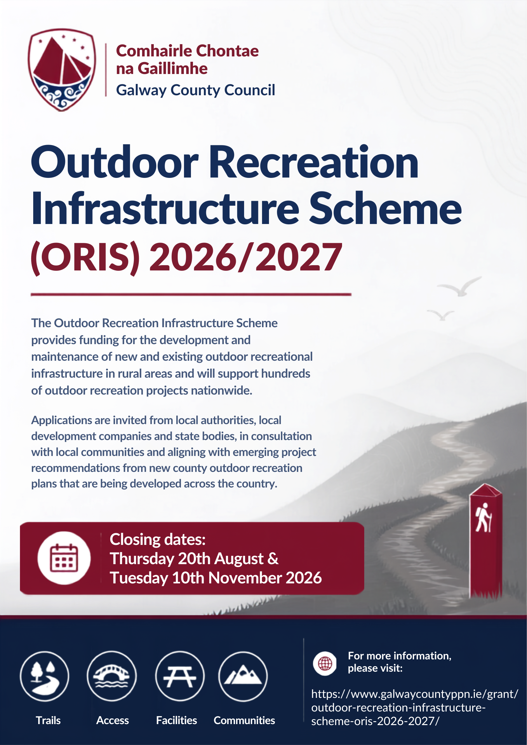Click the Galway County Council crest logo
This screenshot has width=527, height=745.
click(62, 70)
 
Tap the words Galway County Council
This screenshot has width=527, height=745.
click(196, 90)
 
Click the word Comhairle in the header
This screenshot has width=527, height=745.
click(154, 51)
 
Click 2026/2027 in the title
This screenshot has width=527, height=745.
click(246, 257)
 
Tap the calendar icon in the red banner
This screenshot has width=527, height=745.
click(64, 558)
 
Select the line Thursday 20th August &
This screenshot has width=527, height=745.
click(194, 559)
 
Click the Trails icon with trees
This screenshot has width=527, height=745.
click(44, 676)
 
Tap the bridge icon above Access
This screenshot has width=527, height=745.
click(112, 676)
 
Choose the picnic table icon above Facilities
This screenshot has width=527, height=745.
click(180, 676)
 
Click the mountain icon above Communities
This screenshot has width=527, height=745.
click(243, 676)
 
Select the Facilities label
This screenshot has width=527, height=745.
click(177, 720)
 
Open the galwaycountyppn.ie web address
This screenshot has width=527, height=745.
click(414, 708)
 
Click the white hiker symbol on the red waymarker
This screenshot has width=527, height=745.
click(483, 518)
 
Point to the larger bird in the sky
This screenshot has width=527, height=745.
click(460, 286)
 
